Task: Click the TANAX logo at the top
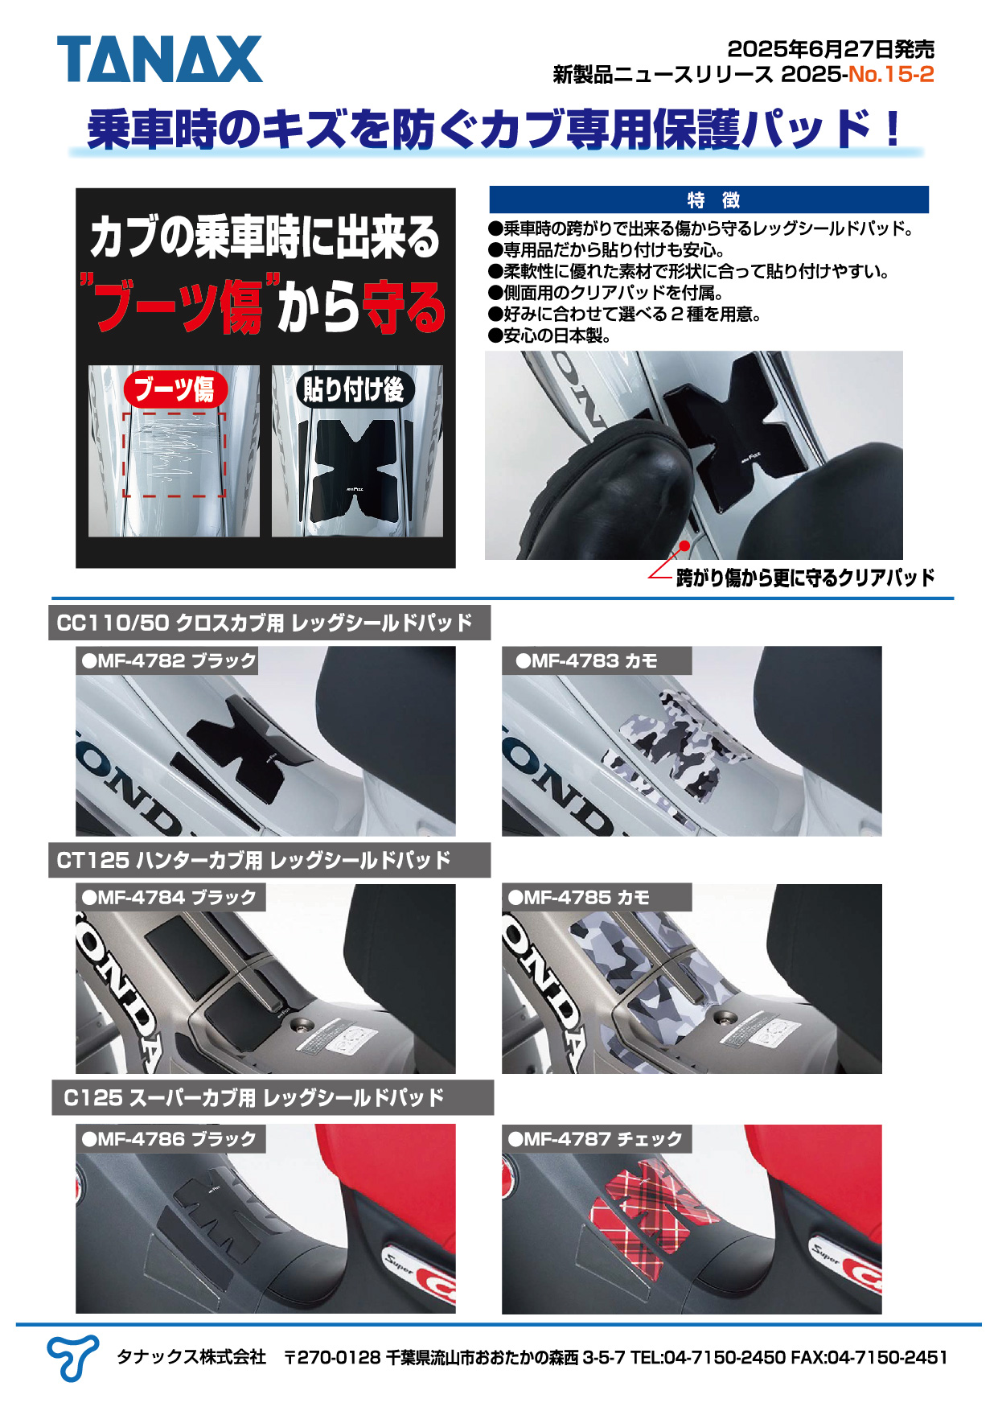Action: tap(159, 59)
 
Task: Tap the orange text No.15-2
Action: tap(891, 75)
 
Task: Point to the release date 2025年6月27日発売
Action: tap(831, 48)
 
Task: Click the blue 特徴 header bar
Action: tap(708, 200)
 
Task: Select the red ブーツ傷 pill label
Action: tap(175, 389)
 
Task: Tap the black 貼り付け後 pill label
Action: tap(354, 389)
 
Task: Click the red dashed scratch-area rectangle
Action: tap(175, 455)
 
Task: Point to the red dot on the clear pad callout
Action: tap(684, 545)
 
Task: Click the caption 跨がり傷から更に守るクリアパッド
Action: tap(805, 578)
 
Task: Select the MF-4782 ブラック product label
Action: tap(168, 660)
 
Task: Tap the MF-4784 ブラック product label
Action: tap(170, 897)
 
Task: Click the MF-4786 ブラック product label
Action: tap(170, 1138)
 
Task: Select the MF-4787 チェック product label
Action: tap(596, 1138)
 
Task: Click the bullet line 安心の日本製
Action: tap(550, 335)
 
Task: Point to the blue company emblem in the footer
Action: tap(72, 1359)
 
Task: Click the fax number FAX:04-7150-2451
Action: tap(869, 1358)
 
